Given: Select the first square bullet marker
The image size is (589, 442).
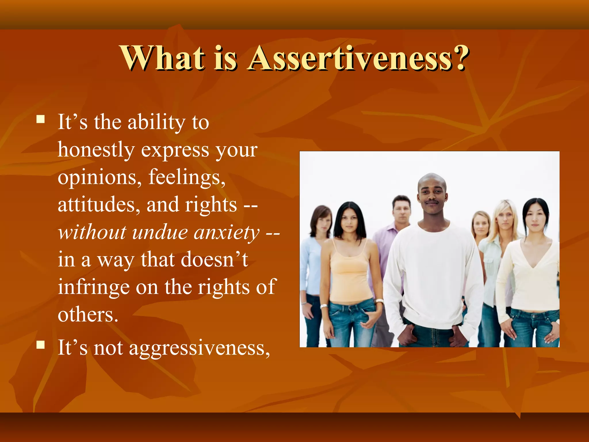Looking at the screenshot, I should [41, 119].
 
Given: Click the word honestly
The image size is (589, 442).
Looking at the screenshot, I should [96, 150].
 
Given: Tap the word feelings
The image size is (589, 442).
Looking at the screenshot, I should [187, 178].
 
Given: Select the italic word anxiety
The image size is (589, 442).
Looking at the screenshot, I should [226, 233].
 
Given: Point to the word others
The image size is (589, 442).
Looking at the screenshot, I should [88, 315].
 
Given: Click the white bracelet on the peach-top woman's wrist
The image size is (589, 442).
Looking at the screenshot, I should [324, 306].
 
